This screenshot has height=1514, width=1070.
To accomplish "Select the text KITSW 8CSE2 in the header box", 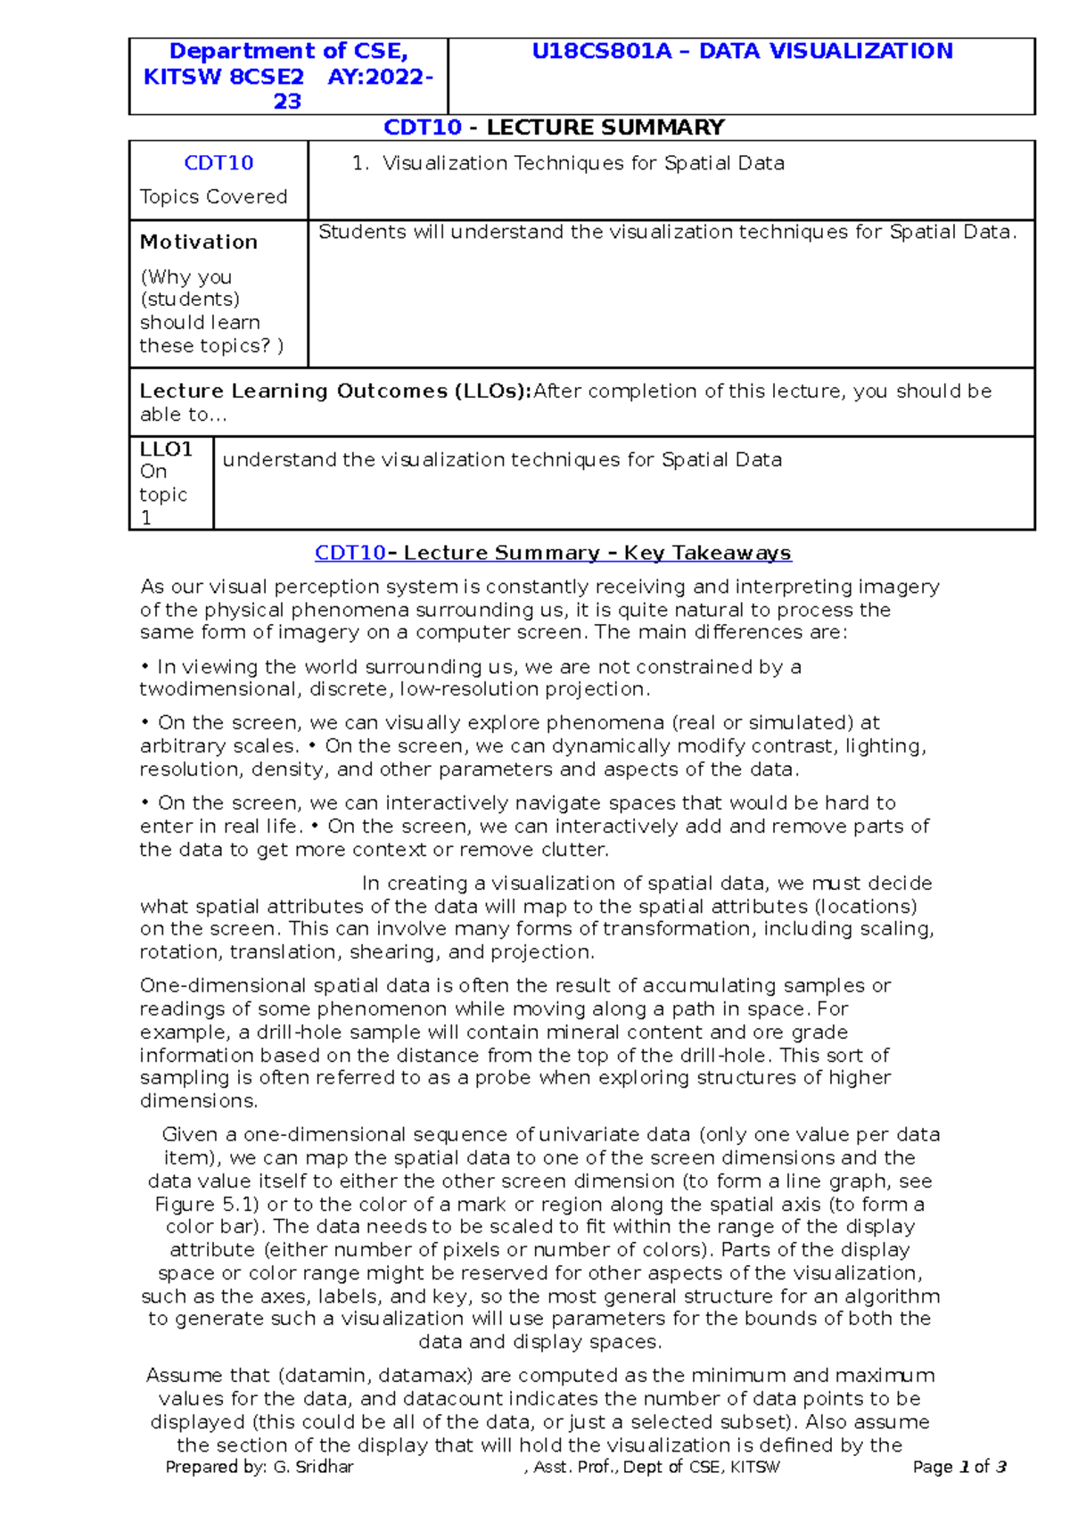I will (223, 77).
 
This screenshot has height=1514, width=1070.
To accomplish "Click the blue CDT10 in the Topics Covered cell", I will (218, 163).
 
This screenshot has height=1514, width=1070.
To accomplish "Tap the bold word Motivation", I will (198, 242).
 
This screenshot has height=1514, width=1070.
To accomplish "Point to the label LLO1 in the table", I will (166, 448).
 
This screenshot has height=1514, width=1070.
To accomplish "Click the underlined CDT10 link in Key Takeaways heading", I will (350, 553).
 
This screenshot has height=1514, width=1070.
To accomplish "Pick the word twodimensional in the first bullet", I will (221, 689).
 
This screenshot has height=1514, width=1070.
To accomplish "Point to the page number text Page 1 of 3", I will (959, 1467).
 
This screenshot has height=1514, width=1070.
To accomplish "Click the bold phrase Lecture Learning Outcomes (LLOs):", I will (335, 391).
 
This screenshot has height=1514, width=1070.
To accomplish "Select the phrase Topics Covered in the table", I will (213, 197).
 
